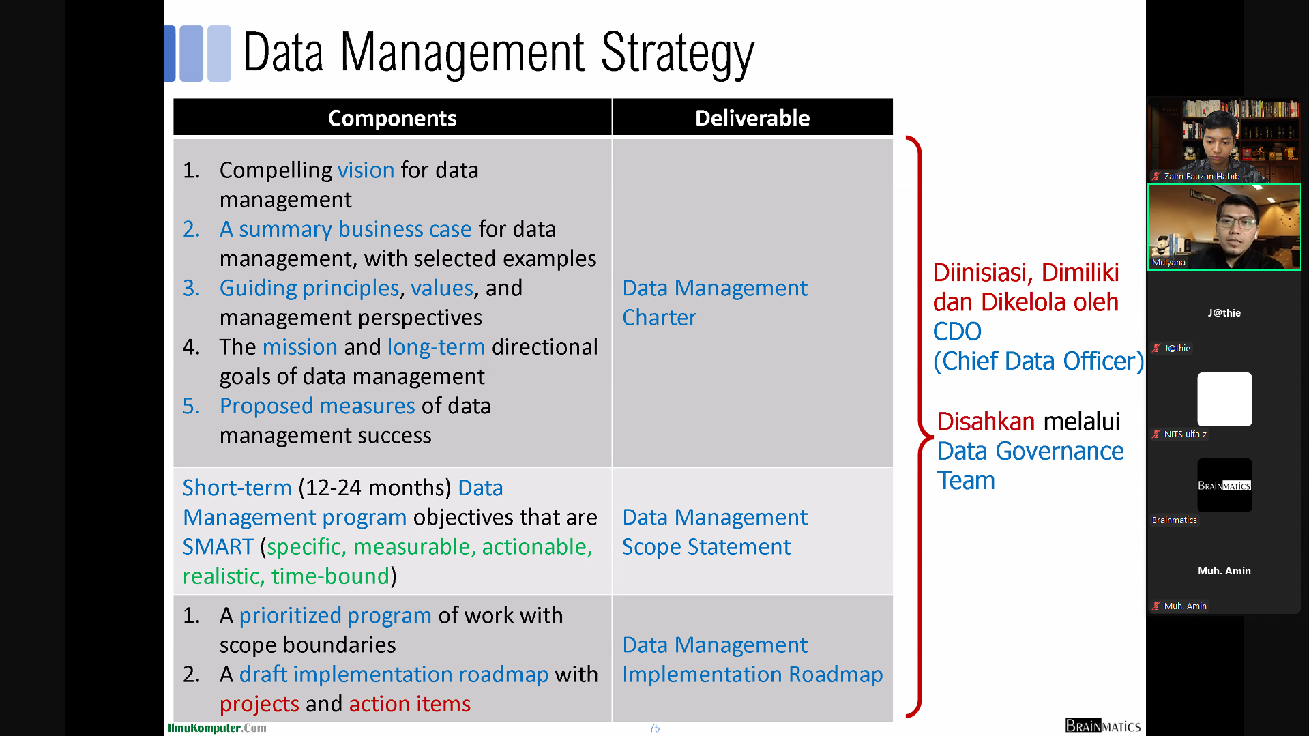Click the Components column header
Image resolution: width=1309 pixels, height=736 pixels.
point(392,118)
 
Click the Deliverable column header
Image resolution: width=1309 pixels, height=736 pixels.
point(752,118)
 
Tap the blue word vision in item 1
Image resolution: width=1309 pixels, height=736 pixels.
point(366,170)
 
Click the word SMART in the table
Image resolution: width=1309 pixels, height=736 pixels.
point(218,546)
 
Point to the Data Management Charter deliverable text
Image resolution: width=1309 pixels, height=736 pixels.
point(714,302)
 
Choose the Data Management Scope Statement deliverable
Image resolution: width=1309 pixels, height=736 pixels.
point(714,531)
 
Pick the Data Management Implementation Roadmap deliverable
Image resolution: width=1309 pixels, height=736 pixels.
point(752,659)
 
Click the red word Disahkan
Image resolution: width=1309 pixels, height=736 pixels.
point(986,422)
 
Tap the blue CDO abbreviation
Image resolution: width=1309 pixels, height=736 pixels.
point(957,332)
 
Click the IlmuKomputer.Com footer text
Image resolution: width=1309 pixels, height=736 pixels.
point(217,728)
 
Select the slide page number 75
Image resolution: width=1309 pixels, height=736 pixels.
point(655,728)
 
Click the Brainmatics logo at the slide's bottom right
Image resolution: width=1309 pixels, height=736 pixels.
point(1103,726)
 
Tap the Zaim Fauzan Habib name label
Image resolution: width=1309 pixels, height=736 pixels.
point(1201,176)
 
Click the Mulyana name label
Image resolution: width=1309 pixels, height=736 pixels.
point(1168,262)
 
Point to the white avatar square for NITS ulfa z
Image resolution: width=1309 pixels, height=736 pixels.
point(1224,399)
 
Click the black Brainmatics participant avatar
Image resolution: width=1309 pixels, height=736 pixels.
point(1224,485)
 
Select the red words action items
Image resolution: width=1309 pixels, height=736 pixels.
point(409,703)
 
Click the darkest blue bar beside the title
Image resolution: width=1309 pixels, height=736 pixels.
point(170,54)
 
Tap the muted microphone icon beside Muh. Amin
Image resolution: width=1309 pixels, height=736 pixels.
point(1156,606)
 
